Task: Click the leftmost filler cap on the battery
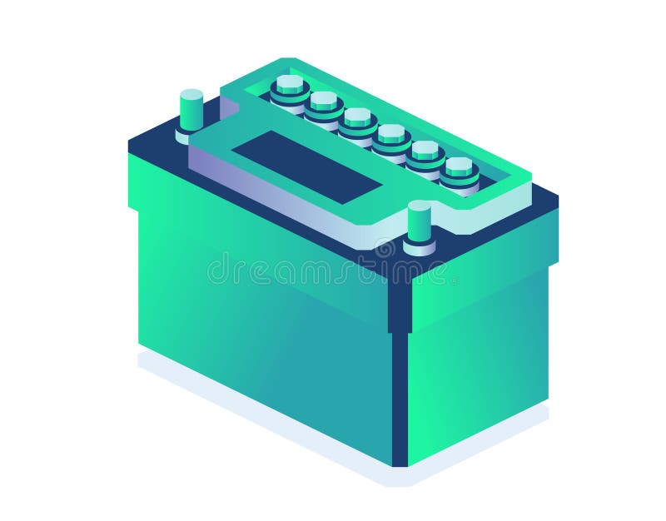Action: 290,86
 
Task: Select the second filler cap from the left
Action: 324,102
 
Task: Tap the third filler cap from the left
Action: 357,119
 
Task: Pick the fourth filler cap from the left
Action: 391,135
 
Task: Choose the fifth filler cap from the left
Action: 425,151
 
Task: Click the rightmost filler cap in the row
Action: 459,168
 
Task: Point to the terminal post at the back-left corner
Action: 191,108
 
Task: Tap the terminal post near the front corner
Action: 420,221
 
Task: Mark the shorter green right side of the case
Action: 479,350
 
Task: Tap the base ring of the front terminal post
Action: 420,247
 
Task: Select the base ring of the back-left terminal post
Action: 190,133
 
